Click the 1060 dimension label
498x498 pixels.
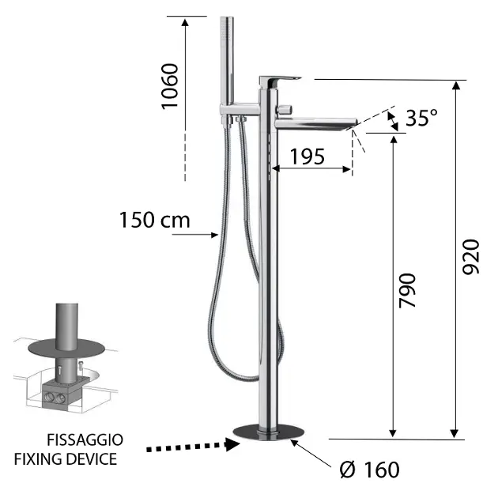coord(170,86)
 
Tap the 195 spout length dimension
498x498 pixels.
coord(307,157)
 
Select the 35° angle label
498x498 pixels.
coord(421,118)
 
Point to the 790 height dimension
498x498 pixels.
coord(407,291)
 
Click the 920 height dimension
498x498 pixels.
coord(470,257)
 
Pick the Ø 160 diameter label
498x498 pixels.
coord(369,470)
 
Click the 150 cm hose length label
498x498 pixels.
coord(155,220)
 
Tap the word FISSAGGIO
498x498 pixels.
coord(85,440)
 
